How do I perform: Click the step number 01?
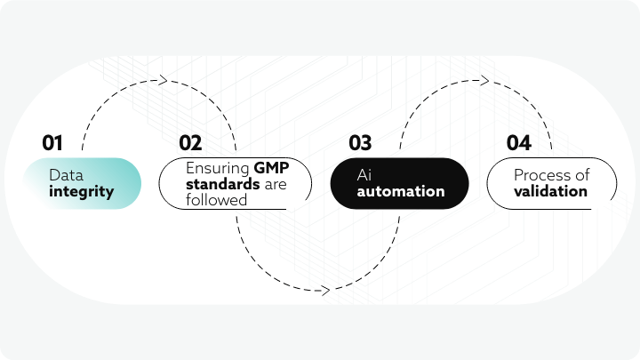(52, 143)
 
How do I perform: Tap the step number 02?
(190, 143)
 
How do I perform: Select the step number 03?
(360, 143)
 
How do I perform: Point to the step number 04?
(519, 143)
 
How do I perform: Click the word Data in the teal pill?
(66, 175)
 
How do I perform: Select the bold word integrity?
(81, 192)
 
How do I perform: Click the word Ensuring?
(218, 168)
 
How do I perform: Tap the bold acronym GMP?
(271, 168)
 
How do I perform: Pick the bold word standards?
(223, 184)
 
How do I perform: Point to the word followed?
(216, 200)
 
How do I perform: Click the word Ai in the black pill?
(364, 175)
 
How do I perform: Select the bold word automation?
(401, 191)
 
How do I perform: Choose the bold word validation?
(550, 191)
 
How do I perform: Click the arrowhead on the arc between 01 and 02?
(163, 80)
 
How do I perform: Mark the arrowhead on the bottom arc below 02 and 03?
(325, 291)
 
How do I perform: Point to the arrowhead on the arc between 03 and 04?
(484, 80)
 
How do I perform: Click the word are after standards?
(276, 185)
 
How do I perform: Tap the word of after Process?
(582, 175)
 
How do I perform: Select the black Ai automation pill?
(400, 184)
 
